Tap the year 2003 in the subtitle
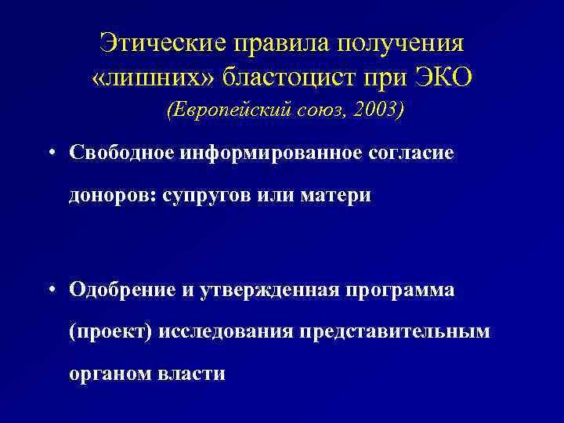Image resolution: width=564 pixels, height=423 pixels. tap(376, 110)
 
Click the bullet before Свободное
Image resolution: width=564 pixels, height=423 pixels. tap(49, 153)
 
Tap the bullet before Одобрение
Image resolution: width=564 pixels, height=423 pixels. tap(49, 289)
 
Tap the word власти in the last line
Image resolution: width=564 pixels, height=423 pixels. tap(191, 374)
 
